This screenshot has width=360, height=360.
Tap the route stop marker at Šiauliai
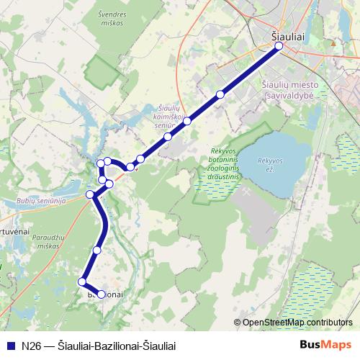click(279, 48)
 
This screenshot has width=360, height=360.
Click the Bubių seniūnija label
click(40, 200)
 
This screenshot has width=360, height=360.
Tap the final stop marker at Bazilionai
click(102, 294)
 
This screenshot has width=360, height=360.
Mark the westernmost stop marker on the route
click(83, 282)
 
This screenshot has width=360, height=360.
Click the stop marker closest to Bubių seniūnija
click(91, 194)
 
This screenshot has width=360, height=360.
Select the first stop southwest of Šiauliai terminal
click(220, 94)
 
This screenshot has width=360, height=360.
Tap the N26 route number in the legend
click(31, 345)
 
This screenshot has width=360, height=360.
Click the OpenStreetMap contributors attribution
click(297, 322)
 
